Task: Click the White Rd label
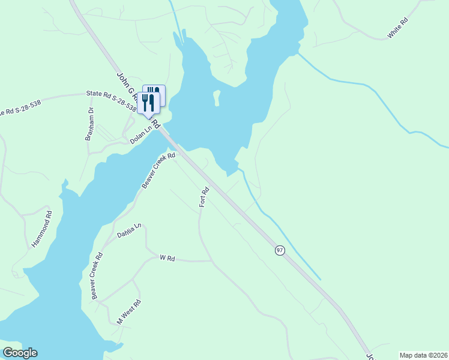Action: pos(398,28)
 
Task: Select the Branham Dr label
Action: pos(89,123)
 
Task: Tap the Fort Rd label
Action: pos(204,197)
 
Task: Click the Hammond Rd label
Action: pos(41,229)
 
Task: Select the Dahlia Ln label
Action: pos(129,230)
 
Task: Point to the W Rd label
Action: pos(167,258)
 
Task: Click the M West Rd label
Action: pos(128,312)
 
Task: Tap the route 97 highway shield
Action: pos(280,250)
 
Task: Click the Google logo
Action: pos(20,353)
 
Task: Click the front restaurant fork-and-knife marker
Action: pos(148,103)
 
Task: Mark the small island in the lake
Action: pos(217,97)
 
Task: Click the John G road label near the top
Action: pos(124,86)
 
